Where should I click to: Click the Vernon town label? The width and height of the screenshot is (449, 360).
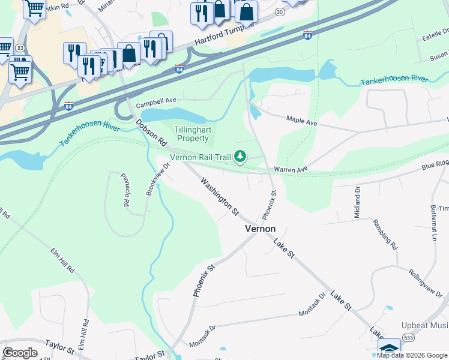click(x=260, y=229)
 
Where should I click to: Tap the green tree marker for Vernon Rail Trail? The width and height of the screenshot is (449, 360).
click(x=240, y=157)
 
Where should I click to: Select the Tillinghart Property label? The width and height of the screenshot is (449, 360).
click(x=191, y=134)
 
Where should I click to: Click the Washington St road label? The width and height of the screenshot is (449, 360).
click(x=220, y=196)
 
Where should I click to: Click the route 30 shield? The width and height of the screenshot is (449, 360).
click(x=279, y=12)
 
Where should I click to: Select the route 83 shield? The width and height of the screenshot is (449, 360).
click(x=20, y=47)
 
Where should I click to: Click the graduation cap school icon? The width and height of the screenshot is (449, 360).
click(x=389, y=349)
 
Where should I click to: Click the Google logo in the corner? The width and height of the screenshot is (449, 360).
click(x=20, y=352)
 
